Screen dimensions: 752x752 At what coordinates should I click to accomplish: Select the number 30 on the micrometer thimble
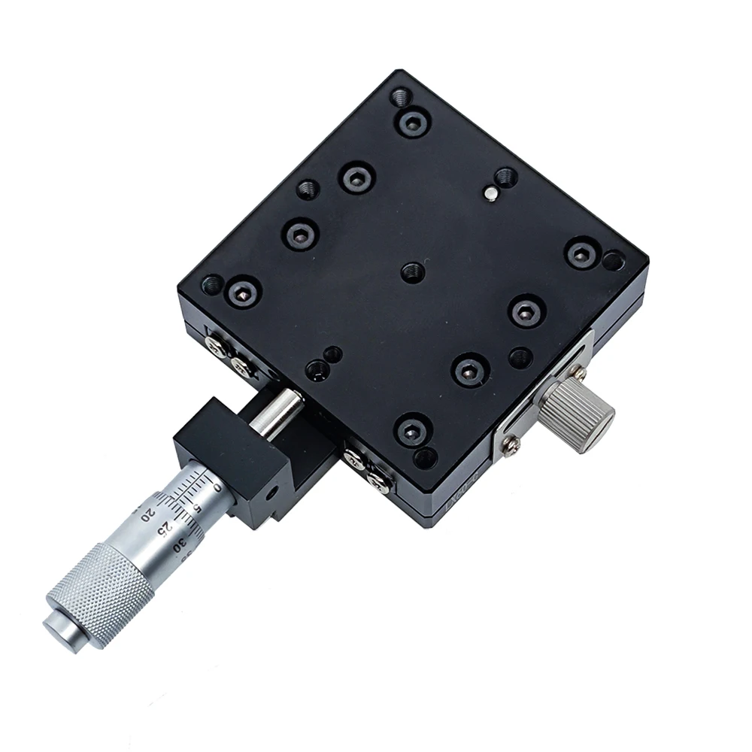178,547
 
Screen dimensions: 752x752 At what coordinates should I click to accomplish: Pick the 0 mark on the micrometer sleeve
217,487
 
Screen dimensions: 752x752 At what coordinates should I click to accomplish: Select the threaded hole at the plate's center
412,272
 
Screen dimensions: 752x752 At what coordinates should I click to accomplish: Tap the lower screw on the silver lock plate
511,447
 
